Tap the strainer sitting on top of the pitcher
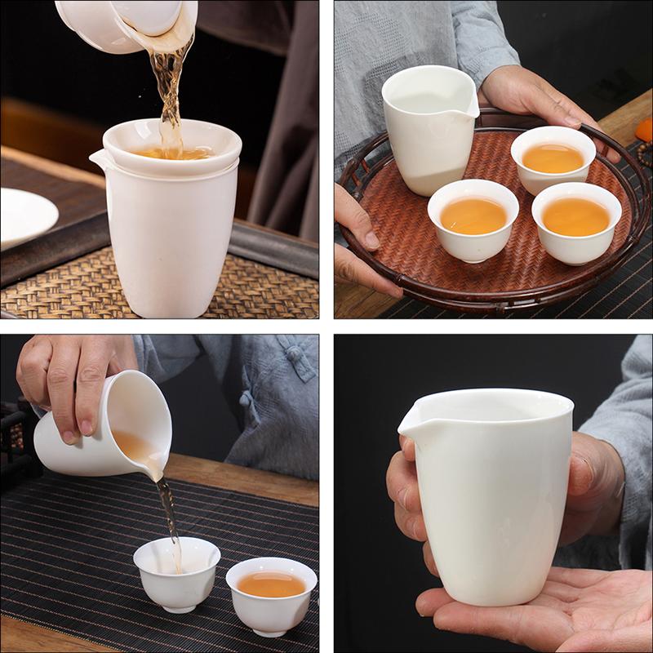[171, 147]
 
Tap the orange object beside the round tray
[644, 130]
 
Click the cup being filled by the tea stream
[176, 571]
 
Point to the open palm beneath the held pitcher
[522, 608]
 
